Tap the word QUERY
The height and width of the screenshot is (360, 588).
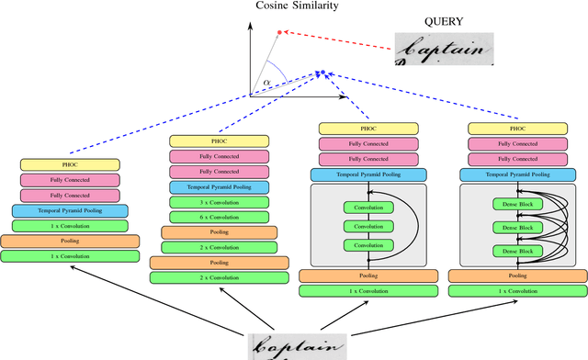click(425, 21)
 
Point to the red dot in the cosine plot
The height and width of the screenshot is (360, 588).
click(279, 32)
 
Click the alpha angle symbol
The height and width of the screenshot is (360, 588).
click(267, 83)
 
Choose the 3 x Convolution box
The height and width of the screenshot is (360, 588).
click(218, 201)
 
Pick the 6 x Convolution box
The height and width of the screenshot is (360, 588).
click(218, 216)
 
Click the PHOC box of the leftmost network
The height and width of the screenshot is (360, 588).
click(70, 163)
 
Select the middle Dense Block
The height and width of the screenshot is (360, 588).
click(515, 227)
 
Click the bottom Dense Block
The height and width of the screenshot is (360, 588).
click(515, 251)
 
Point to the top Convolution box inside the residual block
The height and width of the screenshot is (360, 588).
click(367, 208)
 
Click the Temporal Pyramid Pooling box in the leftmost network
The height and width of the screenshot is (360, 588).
click(70, 210)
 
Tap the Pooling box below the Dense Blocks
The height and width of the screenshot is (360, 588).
click(517, 275)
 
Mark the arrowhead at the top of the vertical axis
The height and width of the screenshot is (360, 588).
click(250, 24)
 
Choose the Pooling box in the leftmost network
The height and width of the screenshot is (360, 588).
click(70, 241)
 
